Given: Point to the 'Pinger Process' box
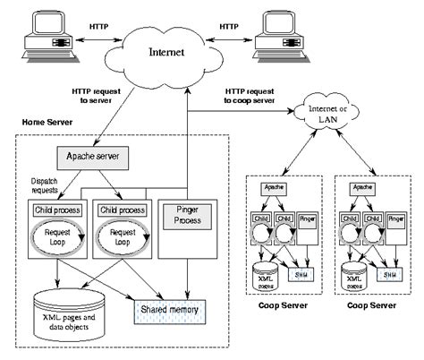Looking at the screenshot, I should pyautogui.click(x=185, y=215).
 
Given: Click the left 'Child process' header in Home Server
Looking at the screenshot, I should pyautogui.click(x=54, y=210).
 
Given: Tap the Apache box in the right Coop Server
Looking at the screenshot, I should pyautogui.click(x=363, y=190).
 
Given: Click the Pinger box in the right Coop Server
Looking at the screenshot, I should pyautogui.click(x=394, y=217).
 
